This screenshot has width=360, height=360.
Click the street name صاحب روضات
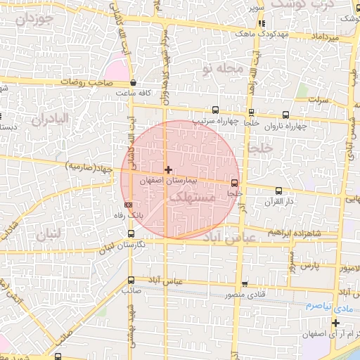[x=86, y=82]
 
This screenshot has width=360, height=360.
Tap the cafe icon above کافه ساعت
[x=133, y=83]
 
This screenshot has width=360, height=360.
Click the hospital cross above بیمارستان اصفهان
[x=168, y=169]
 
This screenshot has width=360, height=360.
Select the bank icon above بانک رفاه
[x=127, y=205]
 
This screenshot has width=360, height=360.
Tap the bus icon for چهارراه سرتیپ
[x=214, y=110]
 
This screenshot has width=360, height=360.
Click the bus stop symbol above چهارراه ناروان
[x=285, y=115]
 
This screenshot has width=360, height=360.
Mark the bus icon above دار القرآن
[x=279, y=191]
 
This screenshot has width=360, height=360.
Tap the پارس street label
[x=310, y=266]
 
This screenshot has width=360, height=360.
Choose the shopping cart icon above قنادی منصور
[x=244, y=284]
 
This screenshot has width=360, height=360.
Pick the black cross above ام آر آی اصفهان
[x=337, y=323]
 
